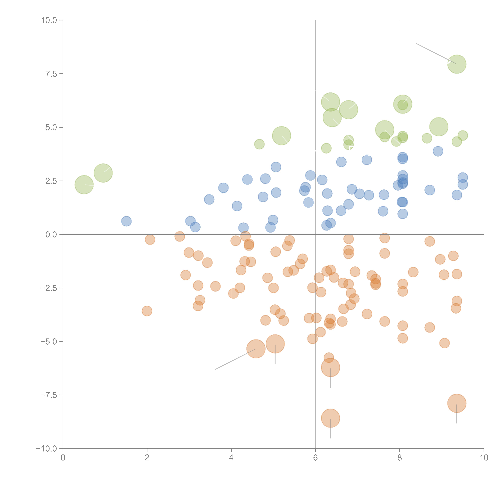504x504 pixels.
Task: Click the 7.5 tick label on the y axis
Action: (x=51, y=74)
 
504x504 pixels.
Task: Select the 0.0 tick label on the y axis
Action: (x=51, y=235)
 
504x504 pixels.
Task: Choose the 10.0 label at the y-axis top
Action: (x=49, y=20)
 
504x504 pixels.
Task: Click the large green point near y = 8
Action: (x=457, y=64)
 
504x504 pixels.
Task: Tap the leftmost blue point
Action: (x=126, y=221)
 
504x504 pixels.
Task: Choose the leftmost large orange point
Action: (x=256, y=349)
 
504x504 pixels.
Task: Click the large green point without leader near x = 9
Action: (x=439, y=127)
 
